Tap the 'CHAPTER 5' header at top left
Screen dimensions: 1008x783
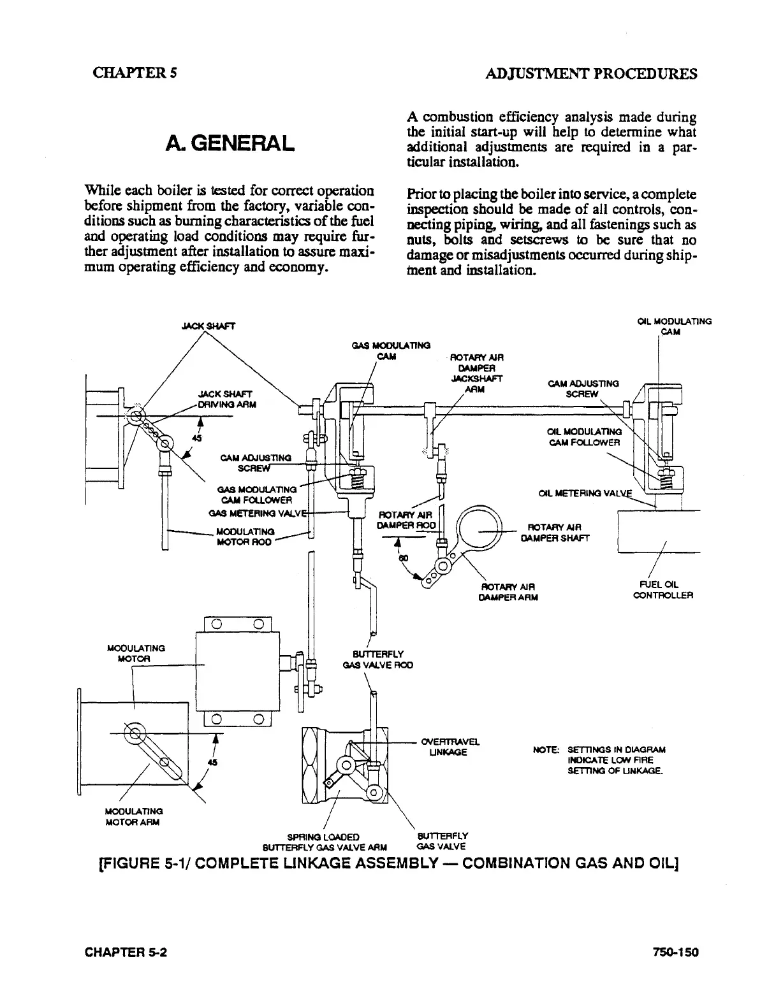pyautogui.click(x=134, y=73)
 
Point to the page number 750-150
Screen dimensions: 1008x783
pyautogui.click(x=675, y=953)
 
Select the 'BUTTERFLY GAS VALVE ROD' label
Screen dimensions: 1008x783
pyautogui.click(x=377, y=659)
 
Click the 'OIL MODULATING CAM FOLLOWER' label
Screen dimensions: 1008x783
pyautogui.click(x=583, y=437)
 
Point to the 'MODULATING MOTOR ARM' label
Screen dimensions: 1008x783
pyautogui.click(x=133, y=817)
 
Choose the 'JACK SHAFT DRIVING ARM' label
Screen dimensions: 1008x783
pyautogui.click(x=225, y=399)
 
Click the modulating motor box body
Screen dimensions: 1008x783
pyautogui.click(x=237, y=671)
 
